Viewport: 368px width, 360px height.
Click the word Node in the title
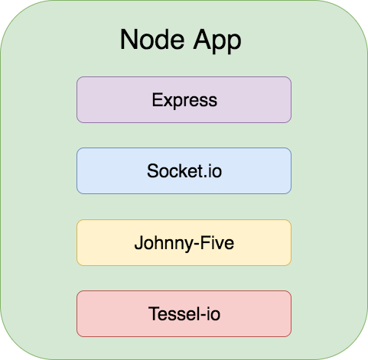click(x=152, y=40)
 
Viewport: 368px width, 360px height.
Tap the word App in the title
click(x=217, y=41)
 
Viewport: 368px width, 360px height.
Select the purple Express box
click(x=184, y=99)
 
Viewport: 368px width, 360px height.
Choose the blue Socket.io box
click(x=184, y=170)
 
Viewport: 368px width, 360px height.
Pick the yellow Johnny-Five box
click(x=184, y=242)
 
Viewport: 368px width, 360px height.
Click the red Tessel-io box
click(x=184, y=313)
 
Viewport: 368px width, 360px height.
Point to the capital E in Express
click(x=157, y=99)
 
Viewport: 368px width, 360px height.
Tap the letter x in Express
click(x=168, y=102)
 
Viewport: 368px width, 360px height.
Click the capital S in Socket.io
click(x=152, y=170)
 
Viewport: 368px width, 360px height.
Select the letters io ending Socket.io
click(x=215, y=170)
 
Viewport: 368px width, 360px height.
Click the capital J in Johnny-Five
click(x=138, y=242)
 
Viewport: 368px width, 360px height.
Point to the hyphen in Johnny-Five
click(x=197, y=245)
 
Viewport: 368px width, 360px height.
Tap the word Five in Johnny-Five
click(x=217, y=242)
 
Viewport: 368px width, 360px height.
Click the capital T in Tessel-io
click(x=154, y=313)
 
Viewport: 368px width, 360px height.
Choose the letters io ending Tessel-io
click(x=213, y=313)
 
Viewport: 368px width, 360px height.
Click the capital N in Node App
click(x=128, y=40)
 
